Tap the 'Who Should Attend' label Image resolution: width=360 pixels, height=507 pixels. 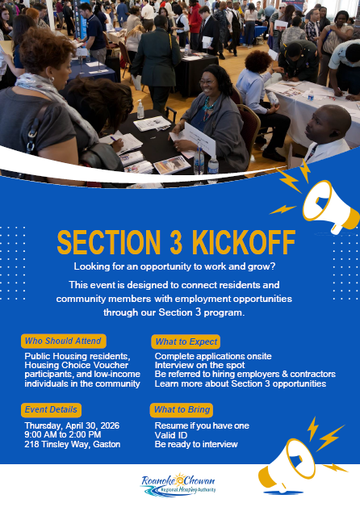coord(63,341)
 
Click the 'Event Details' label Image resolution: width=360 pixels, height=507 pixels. coord(51,409)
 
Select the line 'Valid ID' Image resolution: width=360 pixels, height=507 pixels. coord(171,434)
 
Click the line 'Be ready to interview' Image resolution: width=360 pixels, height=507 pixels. coord(196,444)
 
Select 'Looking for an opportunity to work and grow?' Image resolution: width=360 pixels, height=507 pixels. coord(179,267)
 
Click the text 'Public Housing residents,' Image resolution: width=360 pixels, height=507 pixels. coord(77,356)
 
